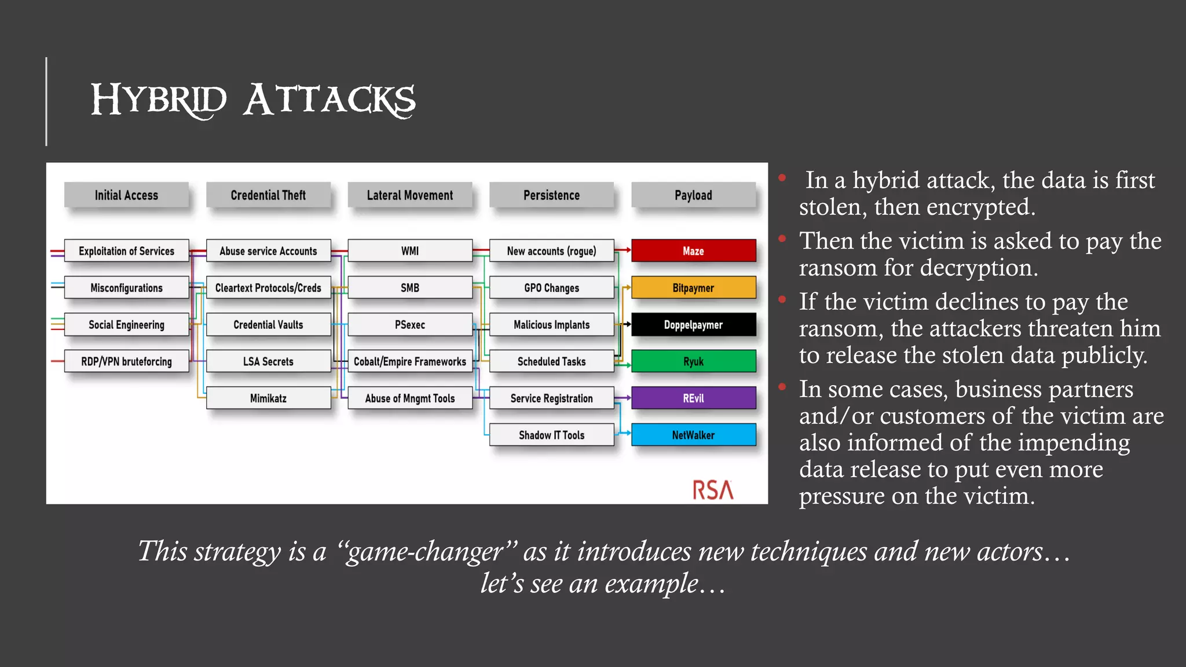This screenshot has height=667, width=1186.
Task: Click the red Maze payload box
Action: pos(693,251)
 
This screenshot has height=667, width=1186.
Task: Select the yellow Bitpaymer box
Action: pos(693,288)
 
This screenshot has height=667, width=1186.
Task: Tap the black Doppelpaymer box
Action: pos(693,325)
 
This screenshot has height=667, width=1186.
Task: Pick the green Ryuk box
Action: pos(693,361)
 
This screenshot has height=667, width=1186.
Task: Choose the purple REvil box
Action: pos(693,398)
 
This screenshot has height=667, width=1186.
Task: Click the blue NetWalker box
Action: pos(693,435)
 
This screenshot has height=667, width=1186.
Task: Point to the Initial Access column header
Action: pos(126,195)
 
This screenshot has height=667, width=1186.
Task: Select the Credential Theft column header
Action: pos(268,195)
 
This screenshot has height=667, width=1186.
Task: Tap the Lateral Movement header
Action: pos(410,195)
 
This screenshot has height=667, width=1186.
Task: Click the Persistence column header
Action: pos(551,195)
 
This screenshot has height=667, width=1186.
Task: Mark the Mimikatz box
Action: pos(268,398)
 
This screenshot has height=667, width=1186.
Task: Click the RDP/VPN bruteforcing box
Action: pos(126,361)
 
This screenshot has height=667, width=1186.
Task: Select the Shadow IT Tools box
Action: pos(551,435)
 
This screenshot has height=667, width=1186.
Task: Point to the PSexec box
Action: pos(410,325)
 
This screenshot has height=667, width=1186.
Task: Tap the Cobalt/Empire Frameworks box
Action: pos(410,361)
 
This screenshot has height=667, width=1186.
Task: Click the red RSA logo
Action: pos(713,490)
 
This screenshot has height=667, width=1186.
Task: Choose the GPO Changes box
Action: pos(551,288)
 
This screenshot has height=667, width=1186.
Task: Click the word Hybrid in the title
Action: pos(158,100)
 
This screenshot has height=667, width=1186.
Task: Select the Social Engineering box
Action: pos(126,325)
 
